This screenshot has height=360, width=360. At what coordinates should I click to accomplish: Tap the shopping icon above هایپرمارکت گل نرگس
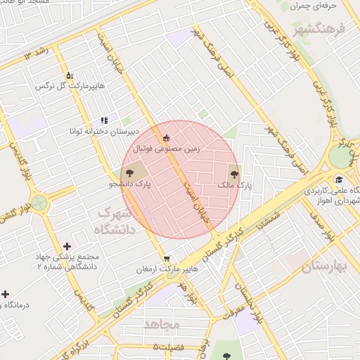(x=69, y=75)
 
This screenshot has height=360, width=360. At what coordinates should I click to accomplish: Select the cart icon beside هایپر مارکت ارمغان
(x=166, y=257)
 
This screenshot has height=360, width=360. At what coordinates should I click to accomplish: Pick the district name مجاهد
(x=162, y=324)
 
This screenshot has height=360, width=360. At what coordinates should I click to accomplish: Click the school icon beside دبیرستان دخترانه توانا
(x=104, y=121)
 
